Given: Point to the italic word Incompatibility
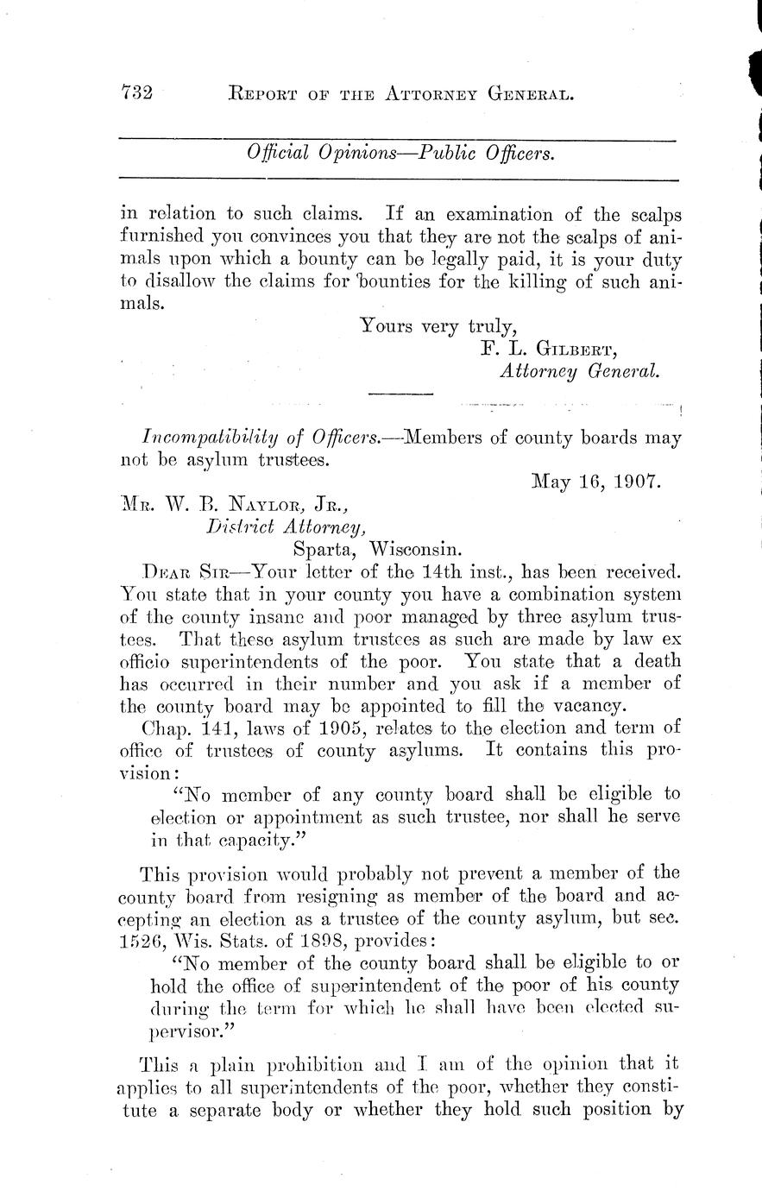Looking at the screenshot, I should tap(206, 438).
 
